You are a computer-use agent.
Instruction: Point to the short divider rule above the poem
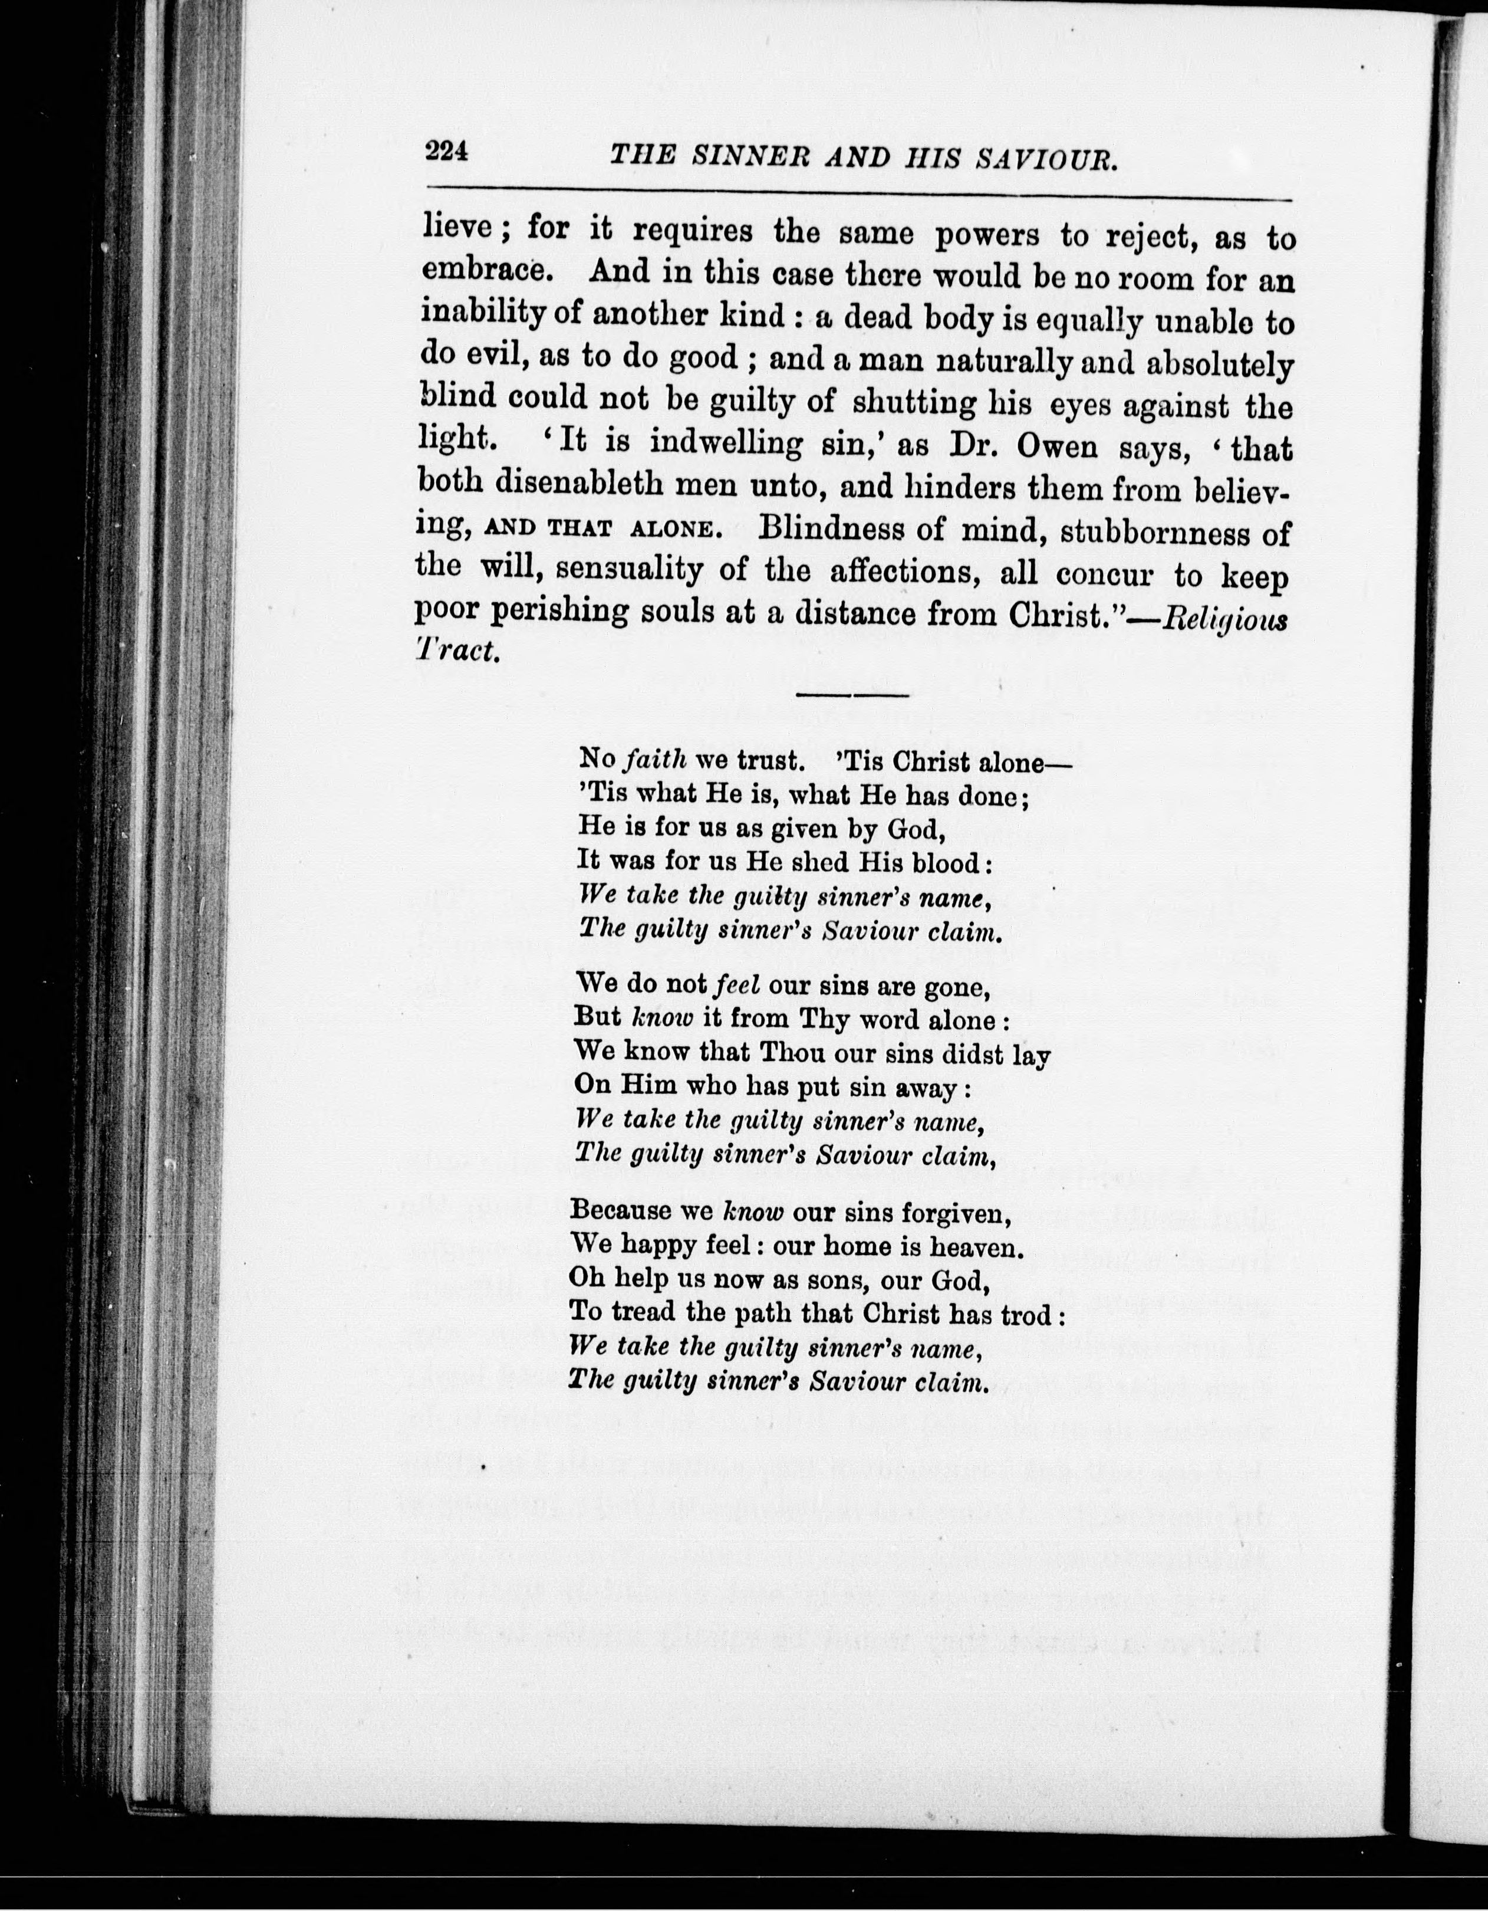pyautogui.click(x=854, y=695)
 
